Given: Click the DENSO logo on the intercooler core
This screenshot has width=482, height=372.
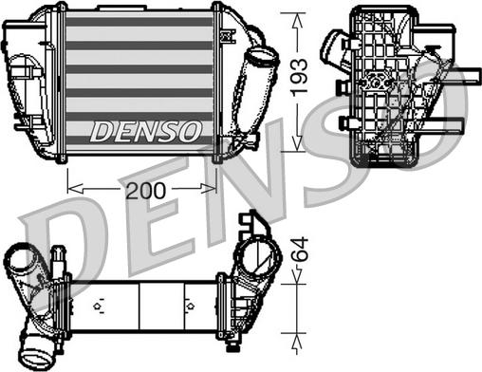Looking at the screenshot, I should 145,131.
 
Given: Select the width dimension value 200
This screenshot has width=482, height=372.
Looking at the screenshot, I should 144,191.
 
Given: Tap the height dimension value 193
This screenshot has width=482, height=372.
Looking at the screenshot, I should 300,77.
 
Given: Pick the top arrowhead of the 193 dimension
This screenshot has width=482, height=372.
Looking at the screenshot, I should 300,11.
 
